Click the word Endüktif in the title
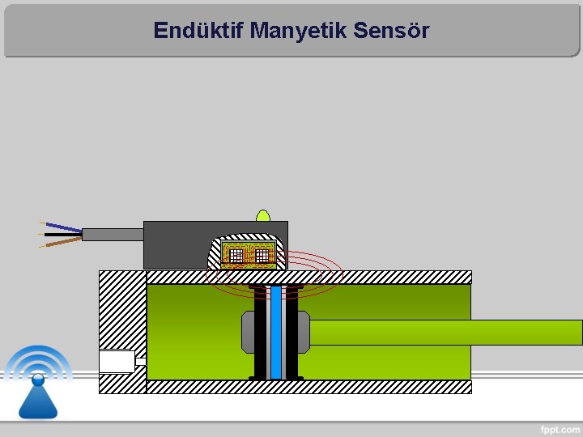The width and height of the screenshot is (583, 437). coord(198,31)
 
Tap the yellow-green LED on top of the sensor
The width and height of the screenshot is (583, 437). coord(262,215)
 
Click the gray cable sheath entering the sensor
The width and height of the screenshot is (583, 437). coord(113,235)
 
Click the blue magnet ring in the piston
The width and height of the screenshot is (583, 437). coord(276,332)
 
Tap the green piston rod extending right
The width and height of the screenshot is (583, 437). coord(445,333)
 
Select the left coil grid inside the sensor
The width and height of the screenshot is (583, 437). coord(236,256)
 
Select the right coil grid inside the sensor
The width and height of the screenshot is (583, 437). coord(262,256)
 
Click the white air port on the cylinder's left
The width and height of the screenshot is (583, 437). coord(117,361)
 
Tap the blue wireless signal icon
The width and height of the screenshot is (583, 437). coord(37,380)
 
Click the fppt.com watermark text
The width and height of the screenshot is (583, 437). coord(560,429)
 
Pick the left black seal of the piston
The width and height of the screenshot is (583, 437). coord(259,332)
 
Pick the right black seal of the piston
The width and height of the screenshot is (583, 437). coord(291,332)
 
